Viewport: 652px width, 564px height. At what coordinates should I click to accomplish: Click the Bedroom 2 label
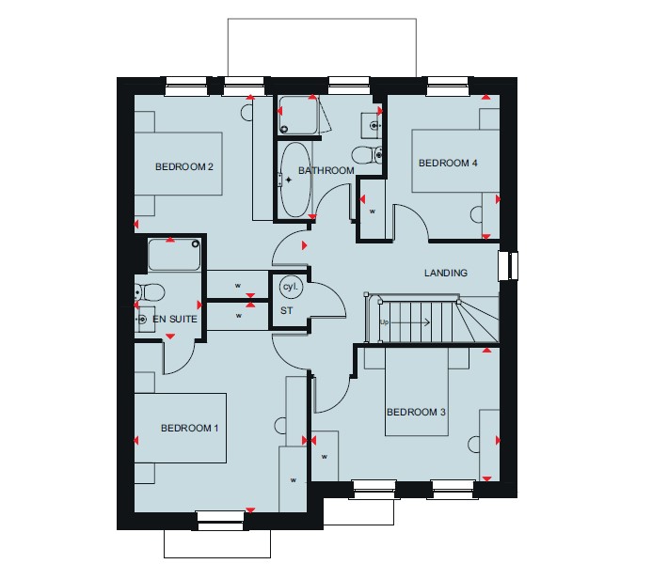coord(184,167)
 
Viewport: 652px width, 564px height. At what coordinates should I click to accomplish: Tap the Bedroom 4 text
coord(448,163)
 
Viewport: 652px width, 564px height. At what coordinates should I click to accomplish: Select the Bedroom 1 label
coord(190,428)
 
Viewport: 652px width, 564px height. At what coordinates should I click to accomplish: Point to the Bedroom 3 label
coord(416,412)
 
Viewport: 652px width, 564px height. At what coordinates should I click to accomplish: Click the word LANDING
coord(446,273)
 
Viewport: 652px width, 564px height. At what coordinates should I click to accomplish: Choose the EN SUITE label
coord(175,319)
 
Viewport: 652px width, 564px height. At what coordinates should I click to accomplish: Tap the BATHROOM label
coord(326,170)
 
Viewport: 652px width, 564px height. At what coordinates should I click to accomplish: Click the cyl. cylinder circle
coord(291,287)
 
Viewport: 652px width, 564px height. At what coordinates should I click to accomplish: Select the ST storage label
coord(287,310)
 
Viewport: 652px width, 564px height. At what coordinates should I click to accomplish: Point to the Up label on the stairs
coord(384,321)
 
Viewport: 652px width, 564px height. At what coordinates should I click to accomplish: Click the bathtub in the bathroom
coord(295,180)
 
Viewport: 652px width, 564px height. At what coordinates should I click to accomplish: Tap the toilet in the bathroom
coord(367,155)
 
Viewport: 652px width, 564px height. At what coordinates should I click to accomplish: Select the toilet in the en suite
coord(150,292)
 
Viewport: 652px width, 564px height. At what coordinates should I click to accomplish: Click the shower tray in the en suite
coord(174,255)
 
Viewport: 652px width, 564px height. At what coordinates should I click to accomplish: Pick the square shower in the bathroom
coord(298,116)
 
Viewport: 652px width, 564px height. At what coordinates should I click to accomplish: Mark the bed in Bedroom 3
coord(417,391)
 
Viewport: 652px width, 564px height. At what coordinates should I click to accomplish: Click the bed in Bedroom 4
coord(455,161)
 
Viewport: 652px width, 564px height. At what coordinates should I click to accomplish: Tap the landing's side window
coord(508,266)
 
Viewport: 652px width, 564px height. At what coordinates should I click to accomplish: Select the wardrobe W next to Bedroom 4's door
coord(373,210)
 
